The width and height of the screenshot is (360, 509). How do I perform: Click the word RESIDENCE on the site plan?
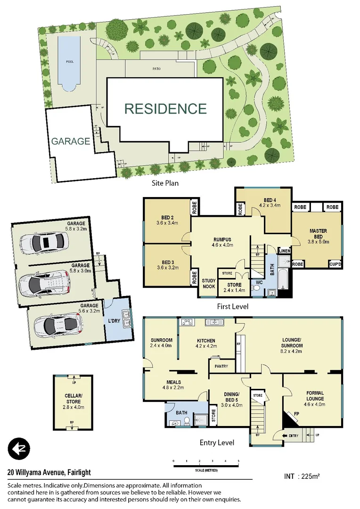pos(165,109)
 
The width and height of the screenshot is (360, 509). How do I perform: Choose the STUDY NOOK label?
pos(208,284)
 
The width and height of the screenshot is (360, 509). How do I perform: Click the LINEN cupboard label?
pos(284,251)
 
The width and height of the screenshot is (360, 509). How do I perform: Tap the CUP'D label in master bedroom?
pos(335,264)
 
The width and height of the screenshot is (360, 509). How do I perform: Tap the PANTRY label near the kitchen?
pos(221,366)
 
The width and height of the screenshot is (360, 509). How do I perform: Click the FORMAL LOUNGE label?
pos(315,396)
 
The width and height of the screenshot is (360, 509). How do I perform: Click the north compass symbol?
pos(19,448)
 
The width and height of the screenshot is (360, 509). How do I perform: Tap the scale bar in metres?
pos(205,466)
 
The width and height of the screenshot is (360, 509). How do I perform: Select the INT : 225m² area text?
pos(303,476)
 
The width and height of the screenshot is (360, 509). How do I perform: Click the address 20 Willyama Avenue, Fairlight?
pos(49,472)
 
